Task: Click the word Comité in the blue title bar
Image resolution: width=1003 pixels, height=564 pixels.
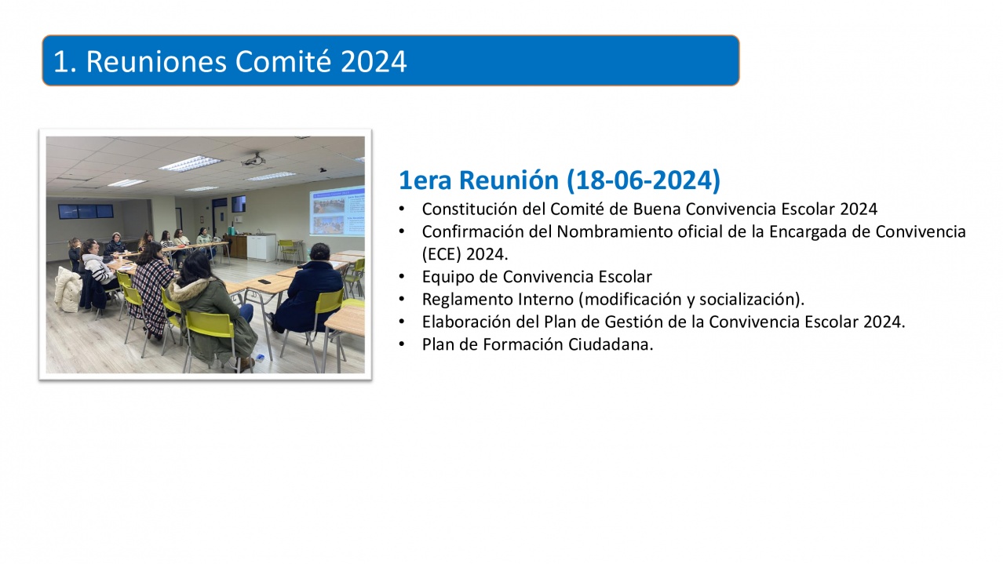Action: click(x=284, y=61)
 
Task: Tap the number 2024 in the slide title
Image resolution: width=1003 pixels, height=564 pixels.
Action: click(x=374, y=61)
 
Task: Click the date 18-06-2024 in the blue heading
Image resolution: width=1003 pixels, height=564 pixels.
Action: click(x=644, y=180)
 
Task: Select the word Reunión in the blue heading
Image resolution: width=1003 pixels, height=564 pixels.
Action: click(x=509, y=180)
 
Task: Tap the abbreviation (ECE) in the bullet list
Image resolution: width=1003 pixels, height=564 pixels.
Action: click(x=442, y=254)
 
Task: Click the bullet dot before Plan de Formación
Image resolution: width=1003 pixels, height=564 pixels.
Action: click(x=402, y=344)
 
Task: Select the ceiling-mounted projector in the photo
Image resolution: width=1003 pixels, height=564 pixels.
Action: click(x=254, y=159)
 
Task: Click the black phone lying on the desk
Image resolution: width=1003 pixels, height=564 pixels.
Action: click(x=264, y=282)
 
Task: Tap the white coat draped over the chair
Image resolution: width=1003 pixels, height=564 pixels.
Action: click(x=68, y=289)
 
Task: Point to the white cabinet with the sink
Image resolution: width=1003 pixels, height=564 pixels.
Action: click(x=261, y=247)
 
